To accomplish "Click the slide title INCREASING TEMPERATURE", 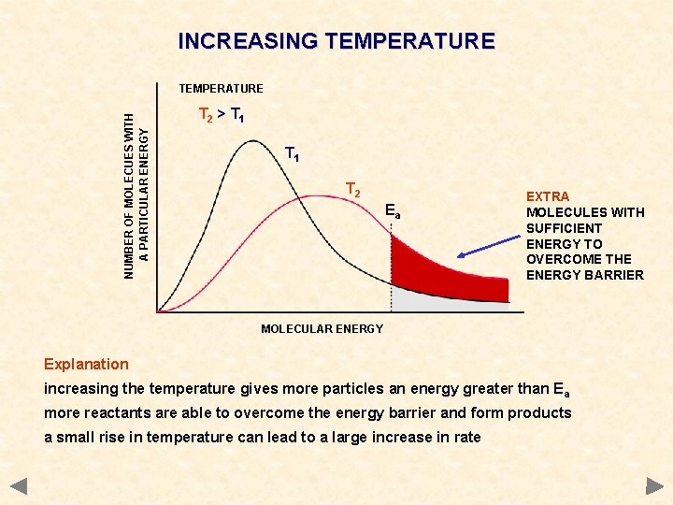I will click(336, 41).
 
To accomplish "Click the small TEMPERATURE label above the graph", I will click(221, 89).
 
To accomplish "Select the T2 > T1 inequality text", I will click(222, 116).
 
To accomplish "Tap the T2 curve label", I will click(352, 191).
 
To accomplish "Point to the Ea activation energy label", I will click(394, 212).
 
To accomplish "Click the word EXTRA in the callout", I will click(548, 196).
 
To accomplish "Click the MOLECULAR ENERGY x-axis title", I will click(322, 328).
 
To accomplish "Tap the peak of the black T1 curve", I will click(250, 142).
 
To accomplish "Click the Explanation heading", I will click(86, 364).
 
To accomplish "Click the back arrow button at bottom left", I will click(20, 486).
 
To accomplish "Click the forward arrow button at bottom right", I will click(653, 486).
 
